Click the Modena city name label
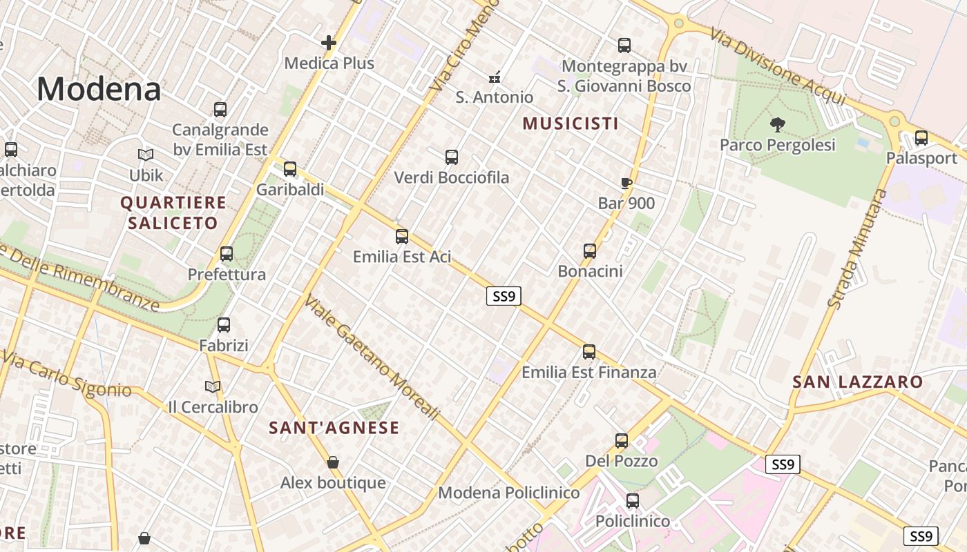point(99,89)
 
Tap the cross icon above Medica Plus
point(329,43)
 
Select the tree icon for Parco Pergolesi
point(778,125)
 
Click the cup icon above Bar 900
point(626,184)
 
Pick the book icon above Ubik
point(146,155)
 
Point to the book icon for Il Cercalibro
point(213,387)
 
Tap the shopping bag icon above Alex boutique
point(333,462)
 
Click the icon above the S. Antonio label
point(495,77)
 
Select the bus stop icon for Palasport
point(921,138)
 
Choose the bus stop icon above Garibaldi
point(290,169)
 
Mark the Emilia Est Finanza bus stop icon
point(589,352)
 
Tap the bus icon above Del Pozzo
point(622,441)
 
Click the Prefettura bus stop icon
point(227,254)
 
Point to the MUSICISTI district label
point(571,124)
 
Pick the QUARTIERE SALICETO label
point(173,213)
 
